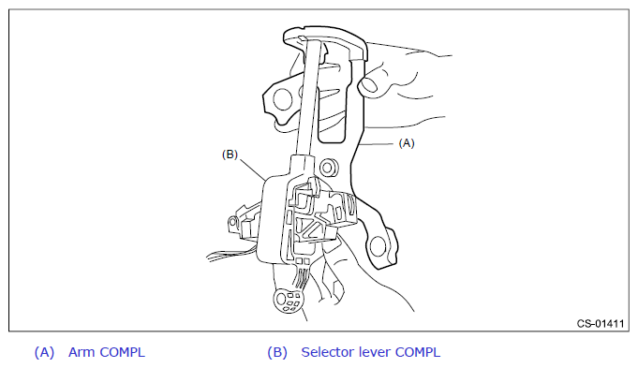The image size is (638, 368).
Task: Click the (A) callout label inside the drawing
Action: pos(407,143)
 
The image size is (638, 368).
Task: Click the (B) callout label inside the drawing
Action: pos(230,155)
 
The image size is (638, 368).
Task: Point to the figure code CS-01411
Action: pos(601,324)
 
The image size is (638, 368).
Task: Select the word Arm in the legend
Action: pos(81,352)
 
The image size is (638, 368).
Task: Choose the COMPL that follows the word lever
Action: pos(418,352)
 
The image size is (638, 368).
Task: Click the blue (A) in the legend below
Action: pos(44,352)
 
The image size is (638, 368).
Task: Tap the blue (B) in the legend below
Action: pos(277,352)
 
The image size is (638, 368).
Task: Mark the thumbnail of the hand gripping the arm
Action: pos(369,85)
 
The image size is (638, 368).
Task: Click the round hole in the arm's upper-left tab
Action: pos(282,99)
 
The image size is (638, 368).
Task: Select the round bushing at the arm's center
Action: pos(328,167)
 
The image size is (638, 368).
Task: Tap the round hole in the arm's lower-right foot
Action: pos(378,246)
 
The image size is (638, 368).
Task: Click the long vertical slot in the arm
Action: pos(333,99)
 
